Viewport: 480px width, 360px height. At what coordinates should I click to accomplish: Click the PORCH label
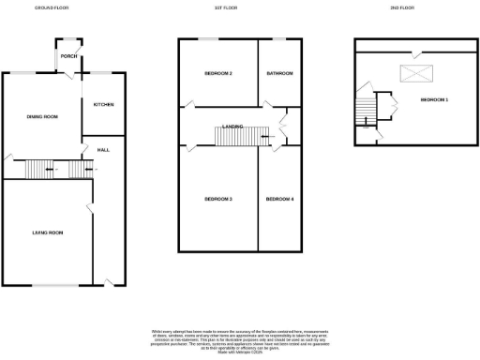click(x=68, y=56)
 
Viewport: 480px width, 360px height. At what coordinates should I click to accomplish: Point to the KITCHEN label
click(x=103, y=104)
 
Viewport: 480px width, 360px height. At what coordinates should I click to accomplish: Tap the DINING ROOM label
click(x=42, y=116)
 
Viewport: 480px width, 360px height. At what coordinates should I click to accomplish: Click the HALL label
click(x=105, y=150)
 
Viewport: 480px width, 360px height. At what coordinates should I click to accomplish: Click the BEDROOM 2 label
click(x=218, y=73)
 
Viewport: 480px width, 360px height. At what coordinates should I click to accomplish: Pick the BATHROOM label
click(x=278, y=73)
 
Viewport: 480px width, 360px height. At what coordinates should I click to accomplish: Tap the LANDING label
click(x=234, y=126)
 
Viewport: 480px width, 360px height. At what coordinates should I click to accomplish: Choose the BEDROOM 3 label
click(x=218, y=199)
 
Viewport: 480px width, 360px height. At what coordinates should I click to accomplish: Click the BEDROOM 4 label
click(x=278, y=199)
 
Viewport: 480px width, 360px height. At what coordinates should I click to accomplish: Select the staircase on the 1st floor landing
click(x=235, y=138)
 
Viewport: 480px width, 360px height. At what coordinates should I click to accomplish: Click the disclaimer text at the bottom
click(x=240, y=339)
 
